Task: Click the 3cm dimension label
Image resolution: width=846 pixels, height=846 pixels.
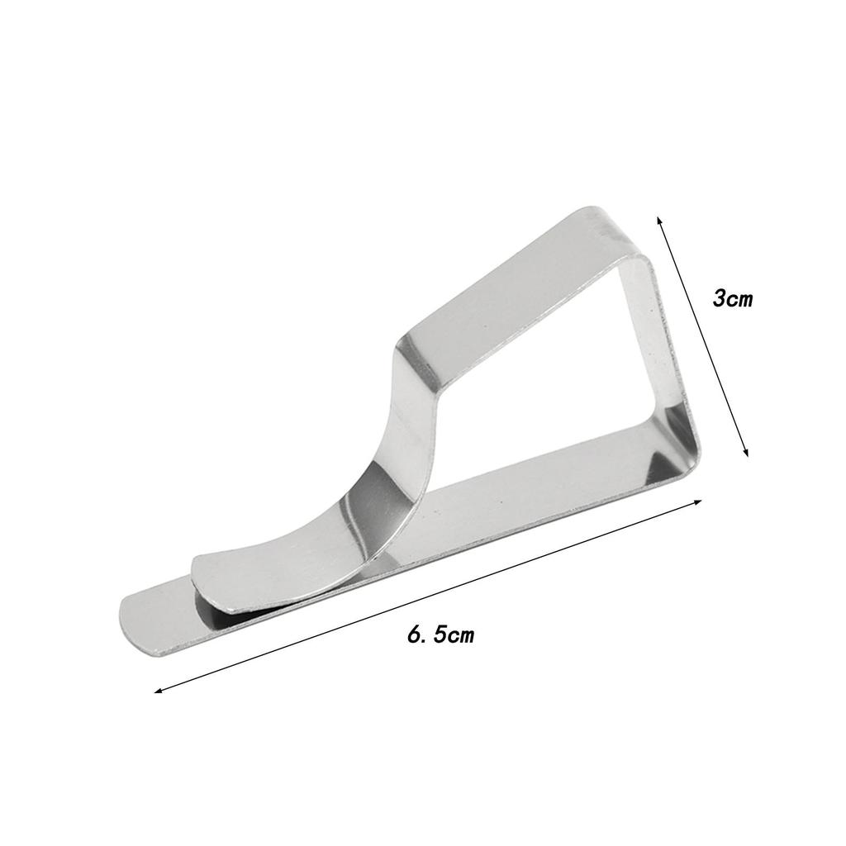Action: coord(732,297)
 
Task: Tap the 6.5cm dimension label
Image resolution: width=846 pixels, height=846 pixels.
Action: coord(441,634)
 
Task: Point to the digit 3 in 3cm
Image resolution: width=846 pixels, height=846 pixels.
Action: coord(720,297)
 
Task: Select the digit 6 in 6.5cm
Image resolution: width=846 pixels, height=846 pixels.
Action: coord(415,634)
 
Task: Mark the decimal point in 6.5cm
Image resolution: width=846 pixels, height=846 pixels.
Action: coord(426,641)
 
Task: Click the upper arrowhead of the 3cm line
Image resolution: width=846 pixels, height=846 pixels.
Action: coord(658,221)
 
